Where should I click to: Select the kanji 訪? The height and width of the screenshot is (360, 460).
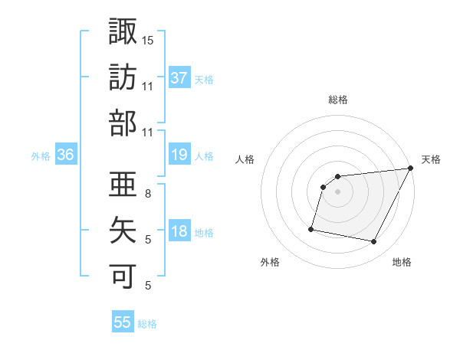123,78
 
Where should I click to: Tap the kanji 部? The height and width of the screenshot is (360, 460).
123,124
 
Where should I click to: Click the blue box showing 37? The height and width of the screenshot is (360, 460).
179,77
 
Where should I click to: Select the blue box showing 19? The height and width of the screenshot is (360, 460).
179,155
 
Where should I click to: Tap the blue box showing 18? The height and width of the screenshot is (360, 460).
179,232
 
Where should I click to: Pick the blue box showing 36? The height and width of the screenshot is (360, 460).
66,155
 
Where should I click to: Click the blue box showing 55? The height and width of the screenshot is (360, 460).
123,322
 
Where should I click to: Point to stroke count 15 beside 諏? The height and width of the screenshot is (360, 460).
148,40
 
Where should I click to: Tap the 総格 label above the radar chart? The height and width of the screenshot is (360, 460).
338,100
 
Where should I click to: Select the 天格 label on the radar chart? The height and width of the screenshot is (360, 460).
431,159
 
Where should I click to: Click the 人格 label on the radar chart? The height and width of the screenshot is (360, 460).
245,159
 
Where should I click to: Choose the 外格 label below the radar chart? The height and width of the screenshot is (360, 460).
270,262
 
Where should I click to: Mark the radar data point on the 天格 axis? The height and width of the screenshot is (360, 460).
412,169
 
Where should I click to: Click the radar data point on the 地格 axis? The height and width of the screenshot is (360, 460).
374,242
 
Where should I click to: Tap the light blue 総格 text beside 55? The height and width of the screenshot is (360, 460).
147,324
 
